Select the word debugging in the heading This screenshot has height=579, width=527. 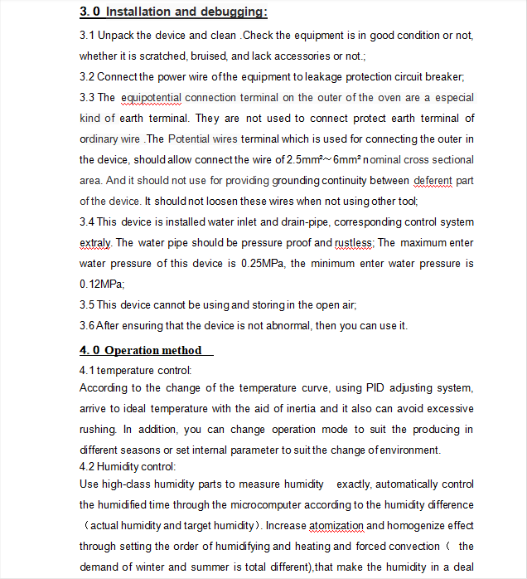235,12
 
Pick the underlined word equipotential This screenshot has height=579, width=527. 151,98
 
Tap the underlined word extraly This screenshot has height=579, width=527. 94,243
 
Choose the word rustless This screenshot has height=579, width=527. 354,243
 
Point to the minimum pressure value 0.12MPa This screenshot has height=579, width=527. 96,285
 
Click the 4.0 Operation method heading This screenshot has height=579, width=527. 141,350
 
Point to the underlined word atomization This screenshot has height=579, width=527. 336,525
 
